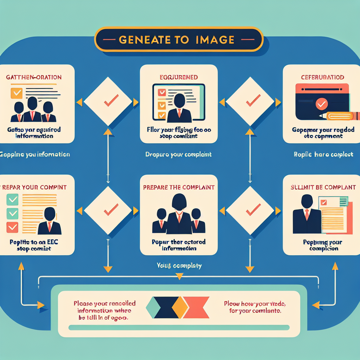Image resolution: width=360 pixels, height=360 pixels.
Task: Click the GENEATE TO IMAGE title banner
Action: [x=179, y=39]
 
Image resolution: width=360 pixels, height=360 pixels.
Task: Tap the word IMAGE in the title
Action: [x=215, y=39]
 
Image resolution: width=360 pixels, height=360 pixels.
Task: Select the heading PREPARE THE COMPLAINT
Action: [x=179, y=187]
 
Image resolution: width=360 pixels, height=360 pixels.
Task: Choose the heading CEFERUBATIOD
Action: [x=322, y=77]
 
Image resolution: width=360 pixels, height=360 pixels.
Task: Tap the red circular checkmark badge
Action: [x=321, y=104]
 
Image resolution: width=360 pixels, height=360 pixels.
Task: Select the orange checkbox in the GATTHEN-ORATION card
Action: [x=16, y=93]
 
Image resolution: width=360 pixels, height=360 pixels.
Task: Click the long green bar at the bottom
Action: [x=179, y=328]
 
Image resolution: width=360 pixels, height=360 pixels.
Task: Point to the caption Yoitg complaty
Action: [x=179, y=266]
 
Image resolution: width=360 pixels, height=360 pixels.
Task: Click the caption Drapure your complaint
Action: [x=179, y=154]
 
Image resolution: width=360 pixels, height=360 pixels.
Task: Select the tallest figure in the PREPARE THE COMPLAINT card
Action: [x=179, y=214]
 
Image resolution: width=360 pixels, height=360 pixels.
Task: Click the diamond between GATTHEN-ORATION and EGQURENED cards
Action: [x=108, y=102]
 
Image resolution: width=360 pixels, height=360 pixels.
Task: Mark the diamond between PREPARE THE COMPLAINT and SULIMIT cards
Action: [x=250, y=211]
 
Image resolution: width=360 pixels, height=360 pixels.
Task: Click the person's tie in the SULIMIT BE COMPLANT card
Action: [x=307, y=214]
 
